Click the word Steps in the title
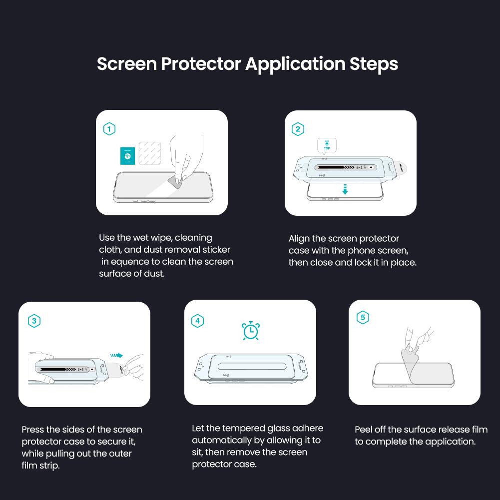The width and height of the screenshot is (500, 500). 373,64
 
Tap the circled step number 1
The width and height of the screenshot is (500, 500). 109,129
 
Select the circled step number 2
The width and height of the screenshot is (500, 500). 298,129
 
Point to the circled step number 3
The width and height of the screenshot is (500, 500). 34,321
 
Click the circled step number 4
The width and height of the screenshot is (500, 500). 198,321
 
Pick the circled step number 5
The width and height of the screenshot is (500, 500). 363,318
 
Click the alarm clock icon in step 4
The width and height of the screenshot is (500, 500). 251,331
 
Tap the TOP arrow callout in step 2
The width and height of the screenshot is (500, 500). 327,145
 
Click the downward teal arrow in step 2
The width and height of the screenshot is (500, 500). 345,189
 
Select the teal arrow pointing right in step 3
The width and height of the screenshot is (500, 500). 116,356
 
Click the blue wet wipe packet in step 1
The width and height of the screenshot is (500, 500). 128,156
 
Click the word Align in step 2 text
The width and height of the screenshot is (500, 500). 299,239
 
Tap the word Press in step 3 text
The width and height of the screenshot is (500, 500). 32,430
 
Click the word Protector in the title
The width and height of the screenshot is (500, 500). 201,64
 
